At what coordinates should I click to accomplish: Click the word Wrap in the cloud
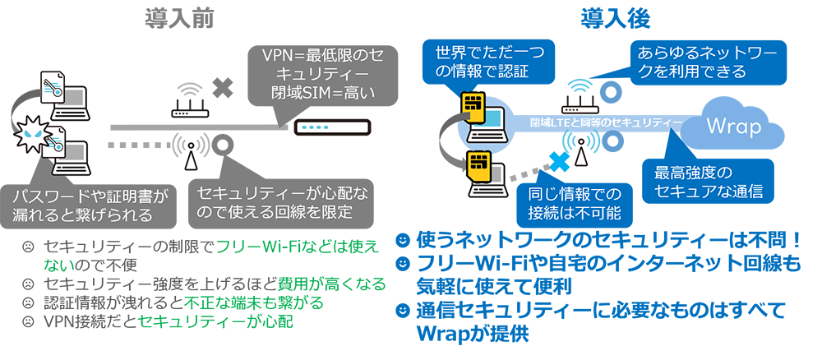tap(733, 130)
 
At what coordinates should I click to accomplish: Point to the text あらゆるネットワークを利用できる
tap(692, 63)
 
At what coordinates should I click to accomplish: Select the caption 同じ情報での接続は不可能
tap(575, 204)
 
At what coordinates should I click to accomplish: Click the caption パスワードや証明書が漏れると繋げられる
tap(90, 205)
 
